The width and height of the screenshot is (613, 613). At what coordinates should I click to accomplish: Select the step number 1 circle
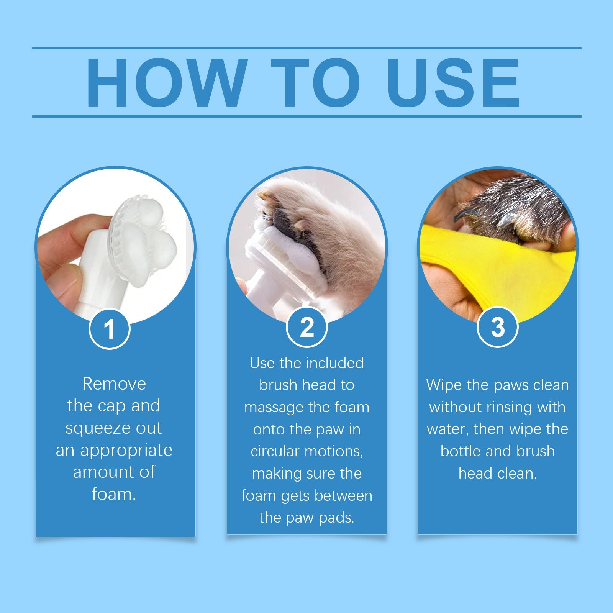pyautogui.click(x=110, y=329)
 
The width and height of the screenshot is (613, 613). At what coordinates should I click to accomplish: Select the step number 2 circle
pyautogui.click(x=306, y=327)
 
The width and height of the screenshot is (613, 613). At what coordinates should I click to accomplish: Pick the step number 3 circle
pyautogui.click(x=497, y=327)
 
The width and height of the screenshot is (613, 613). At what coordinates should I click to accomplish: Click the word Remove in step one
pyautogui.click(x=114, y=384)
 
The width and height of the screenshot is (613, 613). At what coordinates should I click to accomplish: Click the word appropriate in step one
pyautogui.click(x=126, y=451)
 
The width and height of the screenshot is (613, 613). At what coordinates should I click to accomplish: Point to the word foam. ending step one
pyautogui.click(x=114, y=494)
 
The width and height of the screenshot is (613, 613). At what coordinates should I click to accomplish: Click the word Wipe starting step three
pyautogui.click(x=444, y=385)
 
